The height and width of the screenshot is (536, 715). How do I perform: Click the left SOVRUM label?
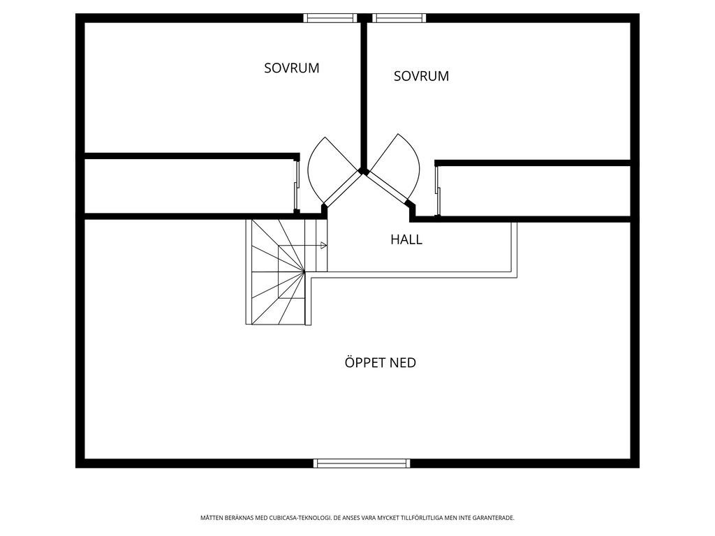291,68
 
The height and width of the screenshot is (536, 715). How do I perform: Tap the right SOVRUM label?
421,76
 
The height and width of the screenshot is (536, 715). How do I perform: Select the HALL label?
406,239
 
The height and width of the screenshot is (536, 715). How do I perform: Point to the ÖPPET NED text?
380,363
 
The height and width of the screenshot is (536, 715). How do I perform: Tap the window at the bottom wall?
361,463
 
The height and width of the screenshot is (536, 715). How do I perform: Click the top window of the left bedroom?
330,18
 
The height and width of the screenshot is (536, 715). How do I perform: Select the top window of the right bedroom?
399,18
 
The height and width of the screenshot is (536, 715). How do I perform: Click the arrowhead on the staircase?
324,246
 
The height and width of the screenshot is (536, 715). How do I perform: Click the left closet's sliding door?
296,186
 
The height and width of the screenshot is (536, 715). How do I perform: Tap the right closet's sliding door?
438,190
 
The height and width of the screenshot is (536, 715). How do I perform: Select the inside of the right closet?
534,191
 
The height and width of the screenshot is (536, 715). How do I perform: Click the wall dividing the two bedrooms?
363,91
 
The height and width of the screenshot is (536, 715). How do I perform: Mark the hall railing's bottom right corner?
516,276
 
